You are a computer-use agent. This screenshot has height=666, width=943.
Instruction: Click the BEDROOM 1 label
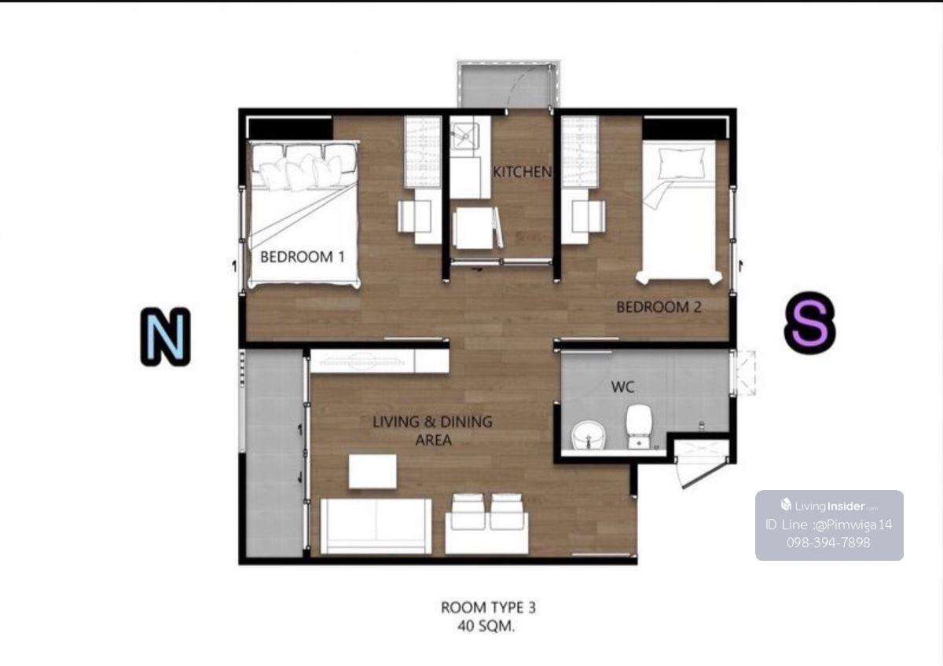point(303,257)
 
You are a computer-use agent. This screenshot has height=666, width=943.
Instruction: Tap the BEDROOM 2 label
point(659,307)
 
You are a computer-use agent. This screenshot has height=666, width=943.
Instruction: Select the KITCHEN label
point(522,172)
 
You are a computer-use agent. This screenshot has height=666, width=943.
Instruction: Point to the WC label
point(622,387)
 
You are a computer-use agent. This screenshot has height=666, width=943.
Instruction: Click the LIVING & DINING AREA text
point(433,430)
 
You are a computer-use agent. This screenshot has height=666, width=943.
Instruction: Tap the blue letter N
point(166,337)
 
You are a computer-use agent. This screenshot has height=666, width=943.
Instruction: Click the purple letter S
point(809,323)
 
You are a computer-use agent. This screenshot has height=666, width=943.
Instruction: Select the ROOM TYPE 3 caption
point(488,608)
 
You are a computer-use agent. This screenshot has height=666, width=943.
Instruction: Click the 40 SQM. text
point(486,627)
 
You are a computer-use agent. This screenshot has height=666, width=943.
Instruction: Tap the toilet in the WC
point(639,426)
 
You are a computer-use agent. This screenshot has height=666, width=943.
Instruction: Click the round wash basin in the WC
point(589,436)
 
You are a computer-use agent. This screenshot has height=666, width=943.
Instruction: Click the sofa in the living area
point(376,526)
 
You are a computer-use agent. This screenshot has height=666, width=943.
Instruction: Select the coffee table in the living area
point(372,471)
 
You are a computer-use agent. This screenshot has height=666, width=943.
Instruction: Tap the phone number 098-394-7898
point(828,543)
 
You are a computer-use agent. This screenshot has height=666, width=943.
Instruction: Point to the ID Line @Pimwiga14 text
point(828,525)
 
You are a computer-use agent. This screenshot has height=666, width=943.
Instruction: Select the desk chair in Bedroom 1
point(414,216)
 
